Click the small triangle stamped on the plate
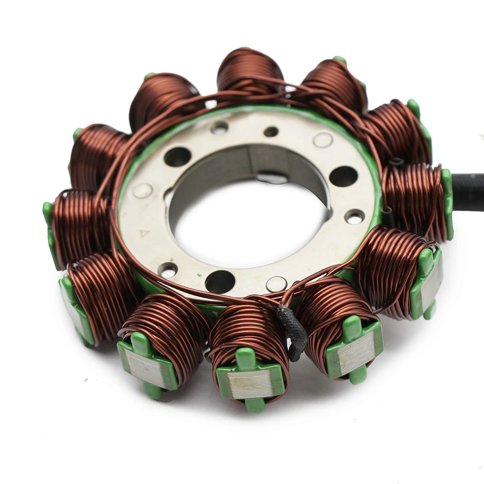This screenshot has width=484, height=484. pos(144,233)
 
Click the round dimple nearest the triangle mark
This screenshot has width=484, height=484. pos(142,190)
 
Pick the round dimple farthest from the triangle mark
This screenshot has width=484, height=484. pos(323,140)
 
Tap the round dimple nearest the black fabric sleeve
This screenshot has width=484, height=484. pos(276,284)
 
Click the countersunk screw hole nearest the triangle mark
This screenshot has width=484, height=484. pos(167,270)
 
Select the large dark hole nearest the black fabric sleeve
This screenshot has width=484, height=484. pos(220,281)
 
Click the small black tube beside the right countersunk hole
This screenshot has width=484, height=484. pos(387,218)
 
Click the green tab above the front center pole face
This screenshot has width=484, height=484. pos(246,358)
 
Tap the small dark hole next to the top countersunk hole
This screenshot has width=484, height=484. pos(271,132)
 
